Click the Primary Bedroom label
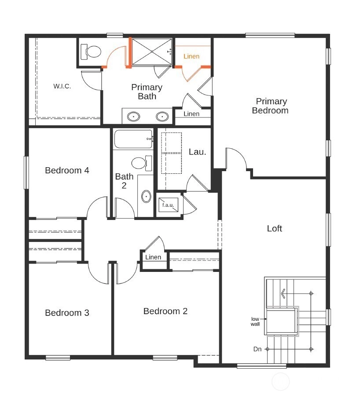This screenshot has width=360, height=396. pyautogui.click(x=270, y=106)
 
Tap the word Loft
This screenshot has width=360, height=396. pyautogui.click(x=274, y=228)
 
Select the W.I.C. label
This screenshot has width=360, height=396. pyautogui.click(x=62, y=86)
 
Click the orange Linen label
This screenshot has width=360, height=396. pyautogui.click(x=191, y=56)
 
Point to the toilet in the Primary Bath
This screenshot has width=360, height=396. pyautogui.click(x=91, y=51)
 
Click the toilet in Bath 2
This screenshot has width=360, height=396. pyautogui.click(x=141, y=163)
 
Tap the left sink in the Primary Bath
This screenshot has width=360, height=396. pyautogui.click(x=133, y=117)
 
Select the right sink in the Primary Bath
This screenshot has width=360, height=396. pyautogui.click(x=162, y=117)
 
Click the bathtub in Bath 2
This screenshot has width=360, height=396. pyautogui.click(x=133, y=139)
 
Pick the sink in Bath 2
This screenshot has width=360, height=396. pyautogui.click(x=146, y=196)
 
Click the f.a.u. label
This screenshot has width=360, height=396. pyautogui.click(x=168, y=205)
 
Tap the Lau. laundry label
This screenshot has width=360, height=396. pyautogui.click(x=197, y=152)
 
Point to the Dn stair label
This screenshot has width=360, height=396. pyautogui.click(x=257, y=349)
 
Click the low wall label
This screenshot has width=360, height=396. pyautogui.click(x=255, y=322)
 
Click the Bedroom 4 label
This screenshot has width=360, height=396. pyautogui.click(x=67, y=170)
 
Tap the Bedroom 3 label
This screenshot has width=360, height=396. pyautogui.click(x=67, y=313)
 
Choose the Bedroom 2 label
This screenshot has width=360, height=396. pyautogui.click(x=165, y=311)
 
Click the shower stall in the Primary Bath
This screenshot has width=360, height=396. pyautogui.click(x=152, y=51)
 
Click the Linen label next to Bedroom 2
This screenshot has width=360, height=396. pyautogui.click(x=153, y=257)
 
